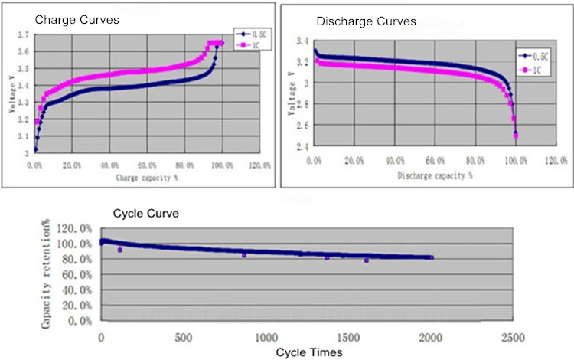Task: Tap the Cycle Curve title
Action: click(146, 214)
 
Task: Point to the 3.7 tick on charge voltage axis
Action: click(23, 35)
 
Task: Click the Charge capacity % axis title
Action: click(148, 178)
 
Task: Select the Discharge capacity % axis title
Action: click(434, 175)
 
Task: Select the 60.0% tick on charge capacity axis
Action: click(146, 165)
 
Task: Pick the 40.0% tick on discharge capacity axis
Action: click(395, 161)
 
